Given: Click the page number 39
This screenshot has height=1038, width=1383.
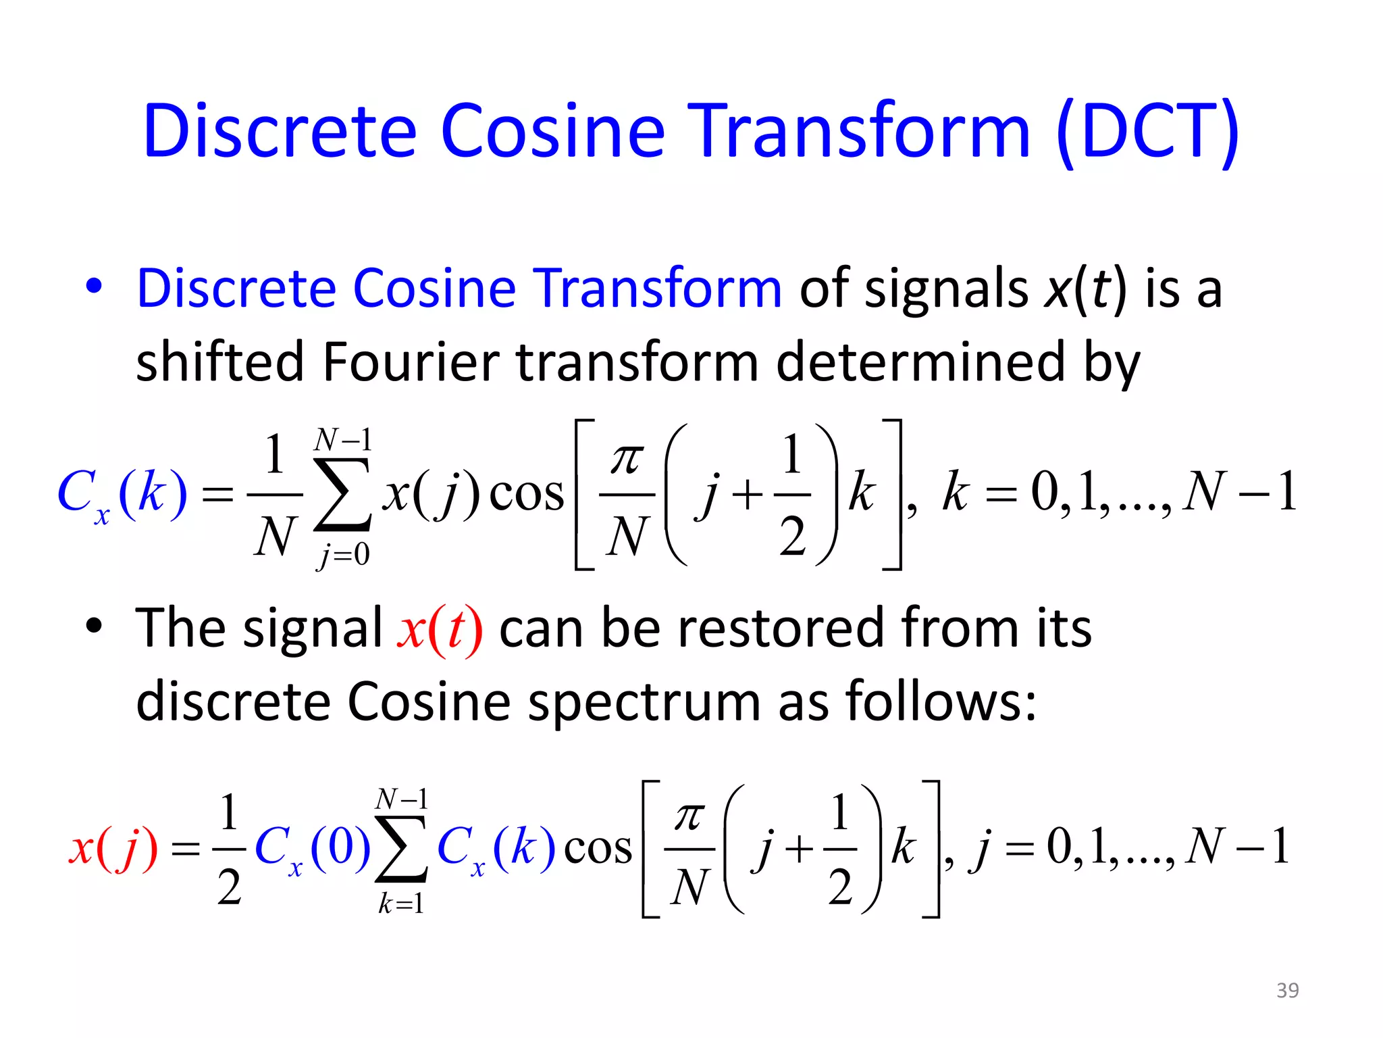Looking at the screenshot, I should tap(1287, 990).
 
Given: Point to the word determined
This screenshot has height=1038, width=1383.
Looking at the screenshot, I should tap(921, 362).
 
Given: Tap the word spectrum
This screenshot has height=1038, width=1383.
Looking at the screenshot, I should tap(644, 701).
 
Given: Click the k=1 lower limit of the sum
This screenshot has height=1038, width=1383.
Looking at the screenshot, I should tap(401, 904).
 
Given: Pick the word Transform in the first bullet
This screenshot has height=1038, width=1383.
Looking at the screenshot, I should tap(658, 289).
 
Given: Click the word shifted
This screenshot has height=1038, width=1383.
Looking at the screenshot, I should tap(220, 362).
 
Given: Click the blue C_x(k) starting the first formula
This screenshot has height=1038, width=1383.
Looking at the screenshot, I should tap(122, 495).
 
